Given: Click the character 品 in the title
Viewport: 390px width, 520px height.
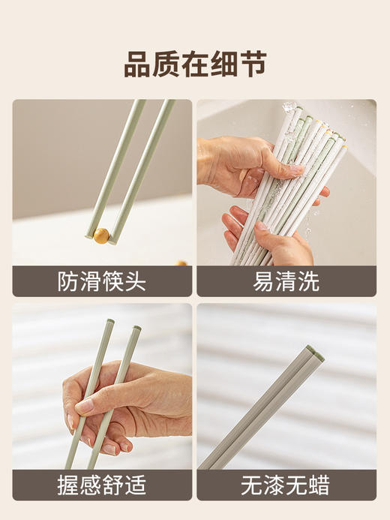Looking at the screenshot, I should pos(139,65).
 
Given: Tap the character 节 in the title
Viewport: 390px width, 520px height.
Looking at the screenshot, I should pos(251,65).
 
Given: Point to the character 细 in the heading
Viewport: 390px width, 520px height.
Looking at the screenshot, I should pos(214,65).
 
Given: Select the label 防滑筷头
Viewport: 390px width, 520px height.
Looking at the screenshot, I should pos(102,281).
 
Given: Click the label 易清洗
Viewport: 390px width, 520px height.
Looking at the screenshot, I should pos(286,281).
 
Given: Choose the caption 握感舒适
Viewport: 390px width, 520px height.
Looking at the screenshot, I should pos(102,485).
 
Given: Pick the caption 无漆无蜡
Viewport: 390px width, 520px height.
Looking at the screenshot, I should pos(286,485).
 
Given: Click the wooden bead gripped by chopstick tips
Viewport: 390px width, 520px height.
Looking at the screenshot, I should pos(100,236).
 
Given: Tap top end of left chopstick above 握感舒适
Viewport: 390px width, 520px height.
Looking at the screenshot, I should pos(110,323).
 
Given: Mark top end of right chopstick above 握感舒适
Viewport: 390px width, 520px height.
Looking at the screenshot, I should pos(136,329).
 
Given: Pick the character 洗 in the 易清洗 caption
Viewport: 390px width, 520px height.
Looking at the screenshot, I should pos(309,281).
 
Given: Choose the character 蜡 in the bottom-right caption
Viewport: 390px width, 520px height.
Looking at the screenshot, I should pos(320,485).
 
